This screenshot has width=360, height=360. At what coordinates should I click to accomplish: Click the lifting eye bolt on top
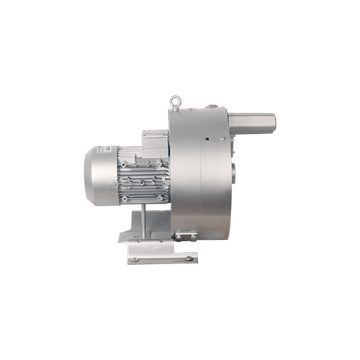pyautogui.click(x=174, y=102)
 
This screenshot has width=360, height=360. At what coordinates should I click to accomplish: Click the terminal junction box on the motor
pyautogui.click(x=153, y=142)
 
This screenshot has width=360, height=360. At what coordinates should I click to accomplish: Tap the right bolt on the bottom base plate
pyautogui.click(x=189, y=257)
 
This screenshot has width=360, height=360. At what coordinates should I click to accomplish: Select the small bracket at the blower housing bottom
pyautogui.click(x=184, y=235)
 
